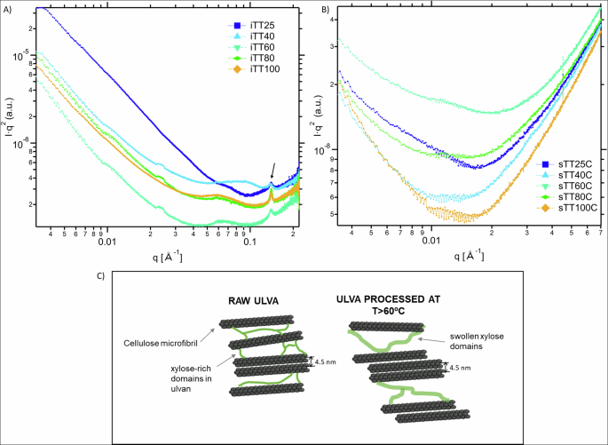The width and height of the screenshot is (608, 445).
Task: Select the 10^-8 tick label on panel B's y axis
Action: pyautogui.click(x=324, y=150)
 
